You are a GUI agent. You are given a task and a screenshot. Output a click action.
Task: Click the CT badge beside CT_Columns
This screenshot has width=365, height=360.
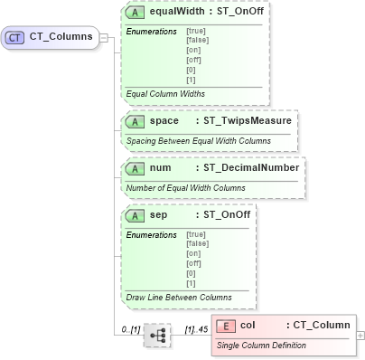coord(15,38)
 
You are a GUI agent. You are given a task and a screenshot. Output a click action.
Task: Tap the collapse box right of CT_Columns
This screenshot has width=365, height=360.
coord(104,38)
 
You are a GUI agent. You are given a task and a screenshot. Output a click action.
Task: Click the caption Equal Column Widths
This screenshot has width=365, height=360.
coord(165,93)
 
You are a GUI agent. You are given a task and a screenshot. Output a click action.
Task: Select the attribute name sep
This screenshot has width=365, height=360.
coord(158,216)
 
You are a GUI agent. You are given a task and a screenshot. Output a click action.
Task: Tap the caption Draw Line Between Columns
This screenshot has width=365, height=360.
coord(179,296)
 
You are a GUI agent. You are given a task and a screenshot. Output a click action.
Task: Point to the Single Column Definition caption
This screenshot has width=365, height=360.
coord(261,345)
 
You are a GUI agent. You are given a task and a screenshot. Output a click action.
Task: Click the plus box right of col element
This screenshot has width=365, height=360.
coord(360,335)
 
